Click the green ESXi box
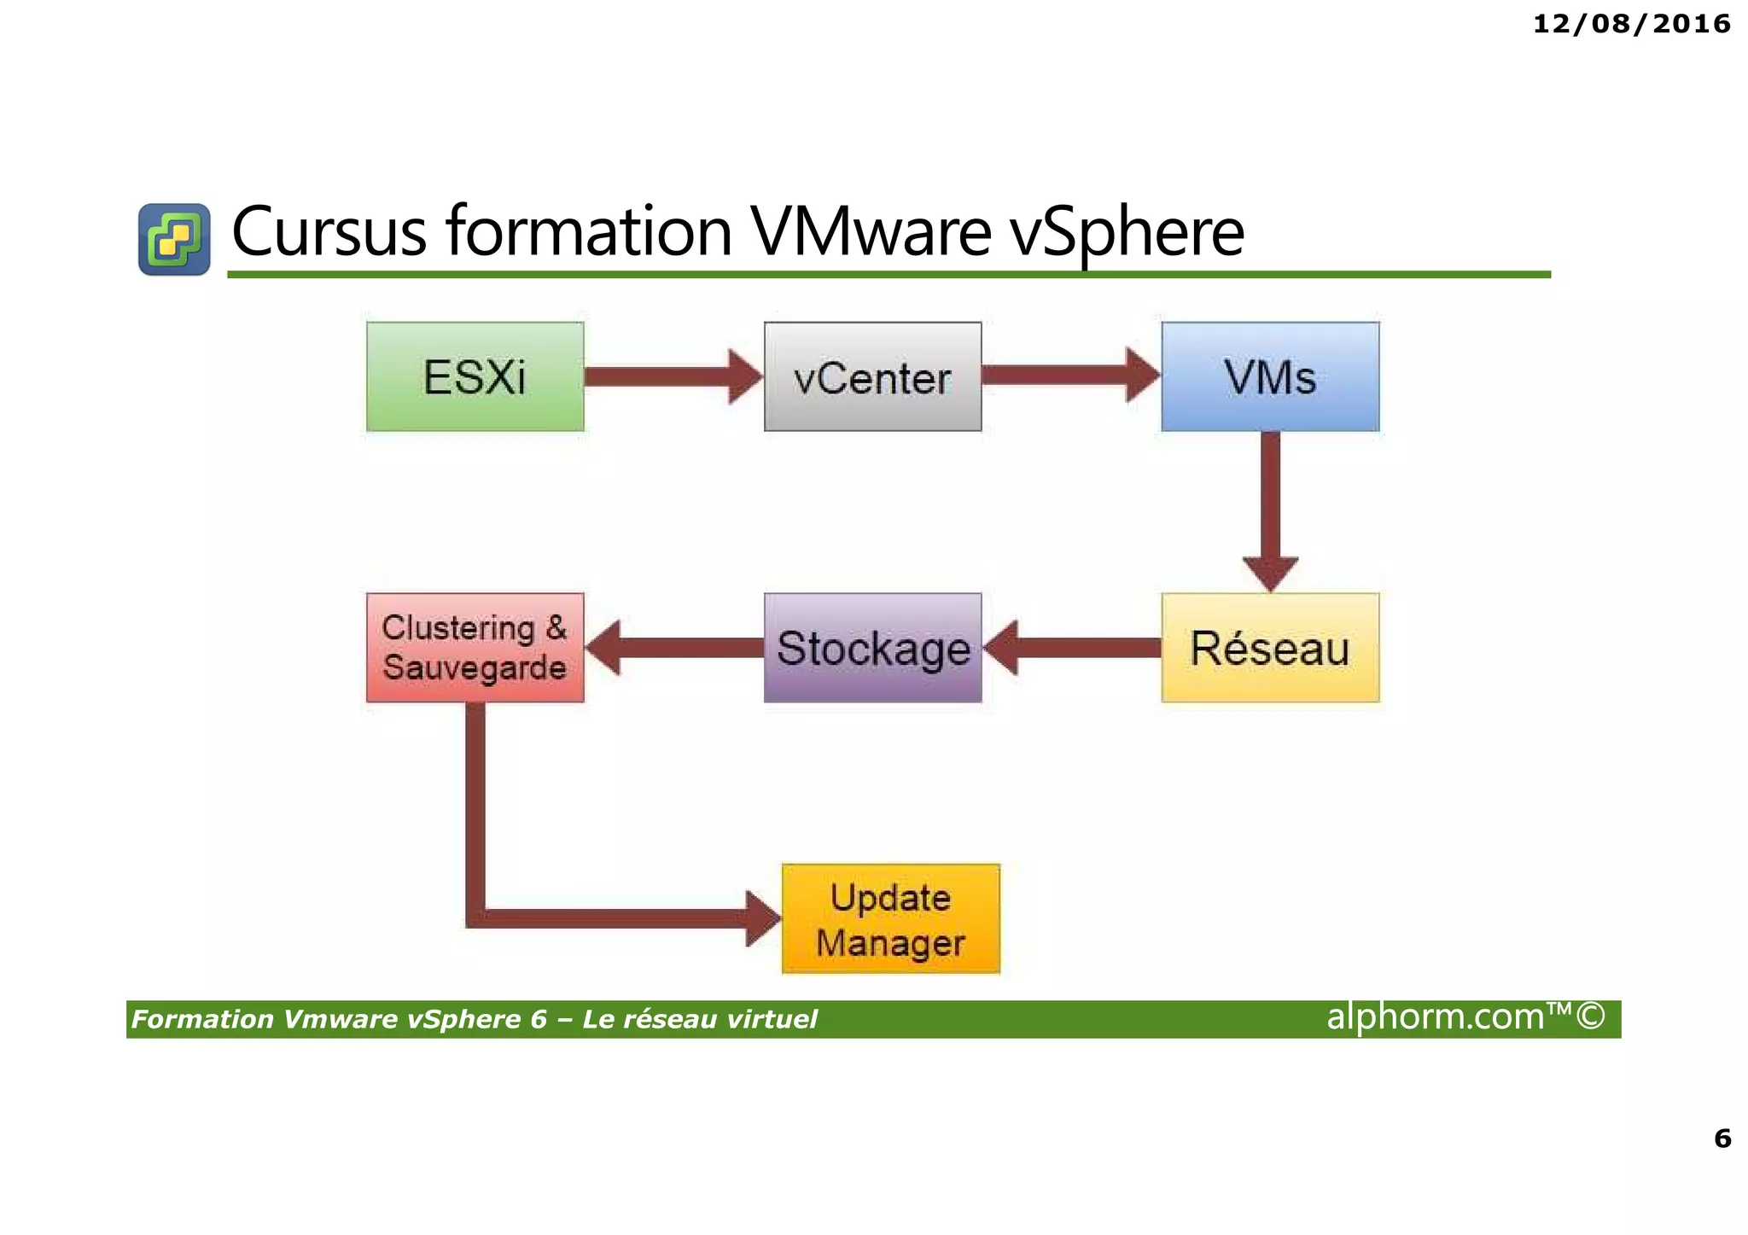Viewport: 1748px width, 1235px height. pos(475,376)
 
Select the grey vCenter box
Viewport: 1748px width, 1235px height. pos(872,376)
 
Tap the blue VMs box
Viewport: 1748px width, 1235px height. pos(1269,376)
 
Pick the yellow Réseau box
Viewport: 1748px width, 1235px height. pos(1269,648)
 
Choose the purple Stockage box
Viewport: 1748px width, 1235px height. pos(872,648)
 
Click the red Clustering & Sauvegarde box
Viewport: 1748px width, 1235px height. pos(475,648)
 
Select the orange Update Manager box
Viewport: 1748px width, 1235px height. pos(890,919)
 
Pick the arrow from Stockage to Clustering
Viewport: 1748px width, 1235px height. pos(674,648)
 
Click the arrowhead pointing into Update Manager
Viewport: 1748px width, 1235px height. pos(761,919)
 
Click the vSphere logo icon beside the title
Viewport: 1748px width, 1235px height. pos(174,239)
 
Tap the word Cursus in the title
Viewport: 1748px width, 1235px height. pos(329,232)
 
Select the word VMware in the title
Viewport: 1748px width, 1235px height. pos(870,232)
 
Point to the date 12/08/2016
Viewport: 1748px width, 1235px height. pos(1631,24)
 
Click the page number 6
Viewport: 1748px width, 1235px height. pos(1722,1139)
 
